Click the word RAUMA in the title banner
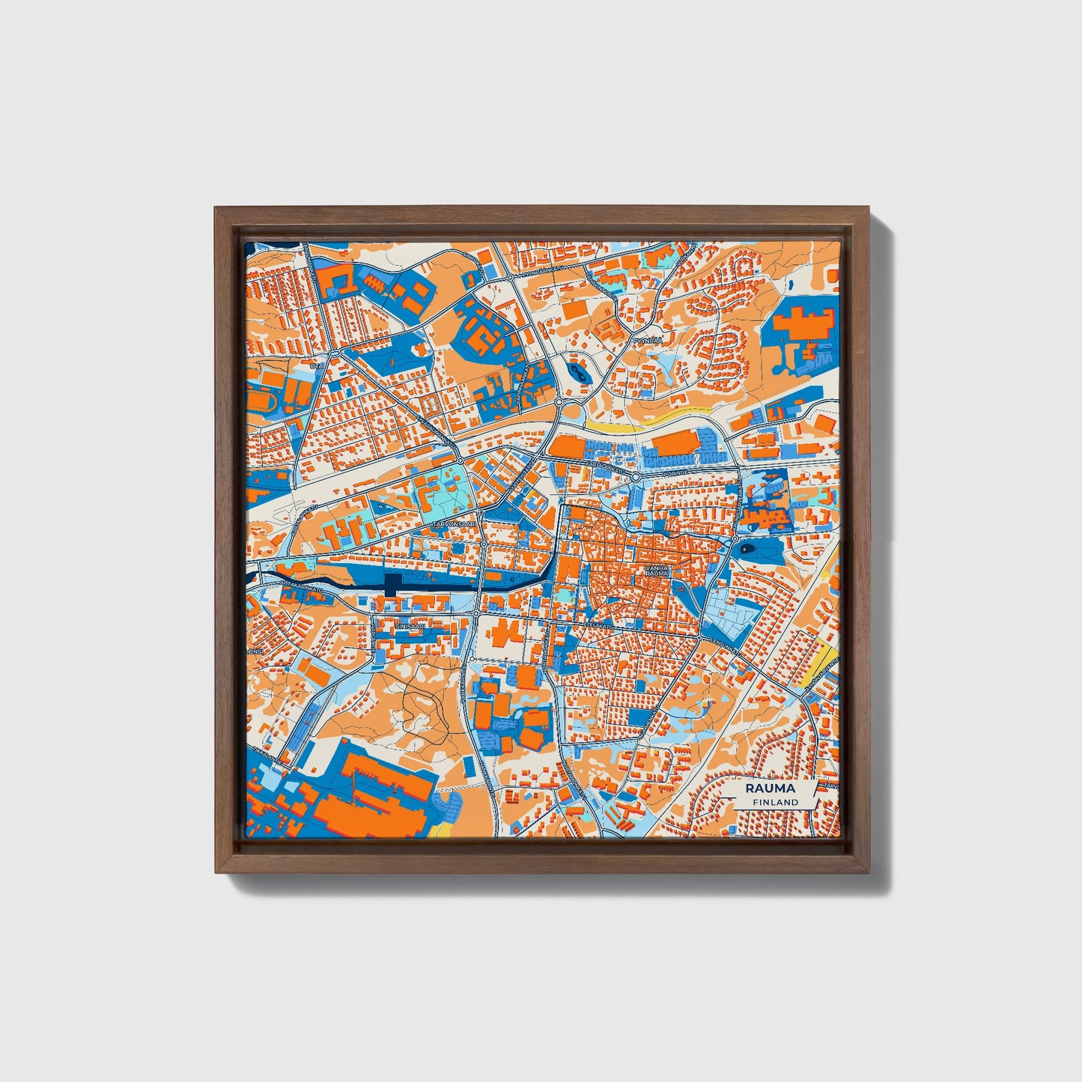tap(771, 788)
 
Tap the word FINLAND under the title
tap(776, 802)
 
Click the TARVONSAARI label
tap(454, 525)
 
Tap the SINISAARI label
tap(410, 622)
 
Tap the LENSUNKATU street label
tap(724, 642)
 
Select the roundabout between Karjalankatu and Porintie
tap(635, 476)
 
